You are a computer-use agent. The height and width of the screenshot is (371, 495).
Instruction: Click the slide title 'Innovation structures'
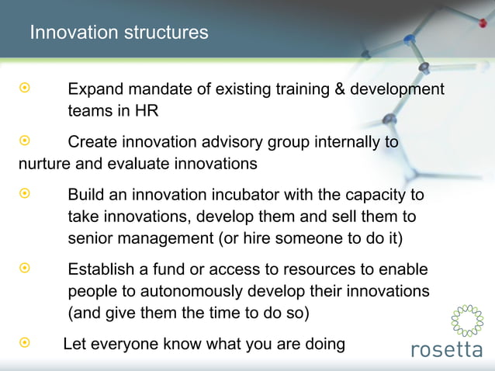119,33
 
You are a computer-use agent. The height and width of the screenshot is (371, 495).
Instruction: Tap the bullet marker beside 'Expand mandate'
24,89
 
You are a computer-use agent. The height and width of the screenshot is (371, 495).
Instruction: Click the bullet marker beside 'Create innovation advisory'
24,142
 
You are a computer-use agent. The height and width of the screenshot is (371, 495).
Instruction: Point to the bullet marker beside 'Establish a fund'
24,269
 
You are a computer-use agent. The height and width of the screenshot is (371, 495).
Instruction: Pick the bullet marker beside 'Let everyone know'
24,342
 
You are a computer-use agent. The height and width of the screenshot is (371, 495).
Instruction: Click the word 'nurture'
46,164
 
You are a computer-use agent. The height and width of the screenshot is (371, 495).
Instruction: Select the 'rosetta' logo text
445,350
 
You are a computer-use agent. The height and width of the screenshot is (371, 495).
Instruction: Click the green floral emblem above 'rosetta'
466,321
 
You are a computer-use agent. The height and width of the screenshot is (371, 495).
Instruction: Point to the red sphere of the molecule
482,23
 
